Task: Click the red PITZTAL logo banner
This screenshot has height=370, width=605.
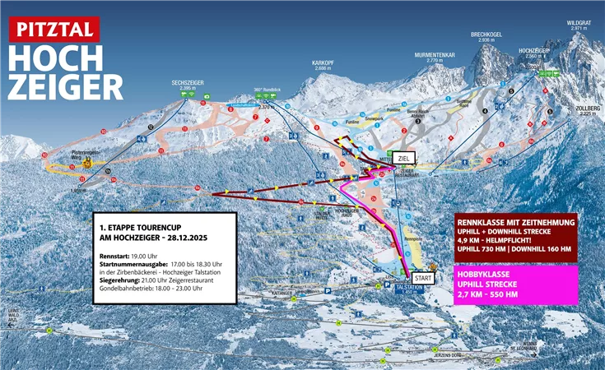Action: pyautogui.click(x=54, y=29)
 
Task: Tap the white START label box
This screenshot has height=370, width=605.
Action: pyautogui.click(x=423, y=279)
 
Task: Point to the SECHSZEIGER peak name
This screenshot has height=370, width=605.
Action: pyautogui.click(x=188, y=83)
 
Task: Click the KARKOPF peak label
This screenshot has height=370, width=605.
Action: pyautogui.click(x=322, y=62)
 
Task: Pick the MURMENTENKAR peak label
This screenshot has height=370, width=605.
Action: pyautogui.click(x=435, y=55)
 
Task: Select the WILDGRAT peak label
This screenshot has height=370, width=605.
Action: pyautogui.click(x=579, y=23)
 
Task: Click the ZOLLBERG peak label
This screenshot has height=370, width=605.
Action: pyautogui.click(x=586, y=109)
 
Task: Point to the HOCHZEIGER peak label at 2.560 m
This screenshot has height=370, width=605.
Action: pyautogui.click(x=534, y=50)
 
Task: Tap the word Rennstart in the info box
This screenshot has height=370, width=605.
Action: pyautogui.click(x=112, y=257)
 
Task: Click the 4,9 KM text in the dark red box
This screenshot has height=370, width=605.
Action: pyautogui.click(x=470, y=241)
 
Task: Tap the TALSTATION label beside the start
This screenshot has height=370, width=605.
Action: pyautogui.click(x=409, y=288)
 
